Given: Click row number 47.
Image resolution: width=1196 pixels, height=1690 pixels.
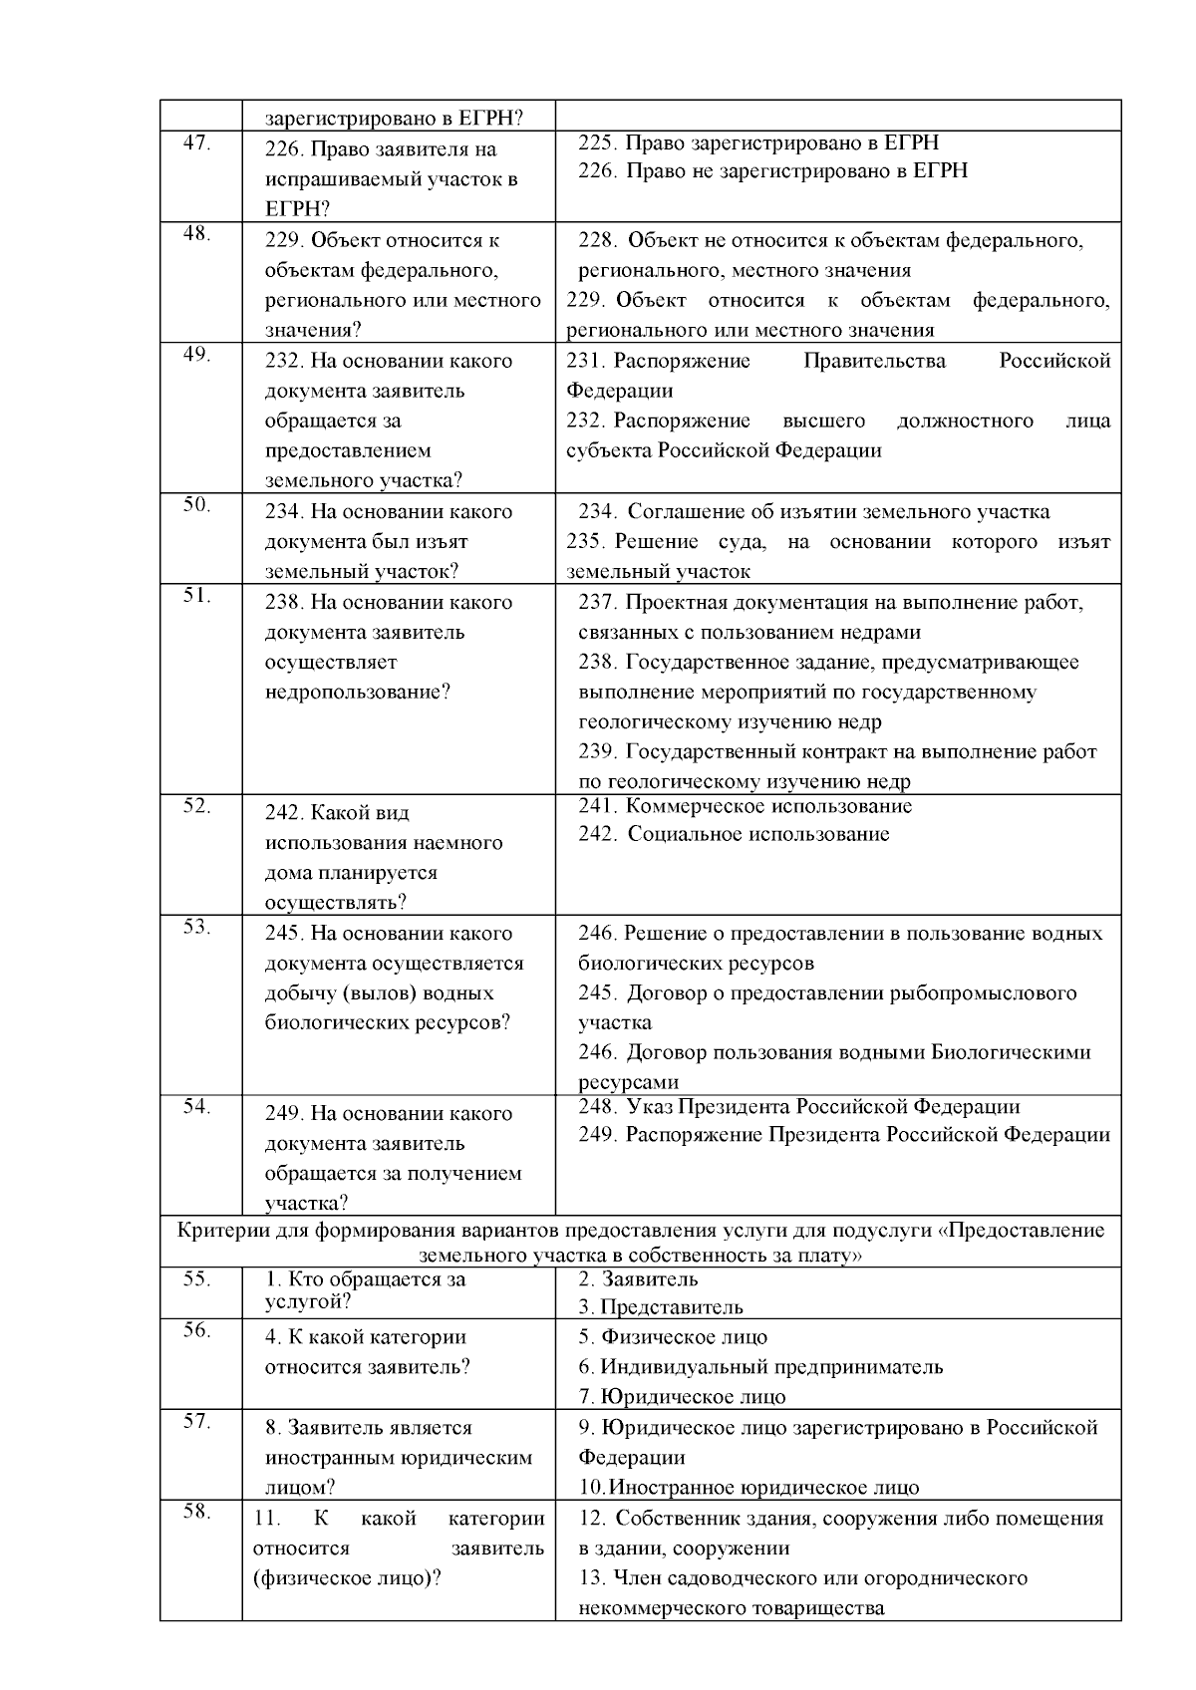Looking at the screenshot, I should (196, 142).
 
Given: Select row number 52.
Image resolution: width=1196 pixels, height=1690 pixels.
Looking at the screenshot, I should (196, 806).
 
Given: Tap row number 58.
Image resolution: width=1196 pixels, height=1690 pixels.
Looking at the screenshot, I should (196, 1512).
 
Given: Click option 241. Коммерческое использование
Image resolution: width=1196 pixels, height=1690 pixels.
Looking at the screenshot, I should (745, 806).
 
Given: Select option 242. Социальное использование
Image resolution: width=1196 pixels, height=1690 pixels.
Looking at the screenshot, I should (734, 834).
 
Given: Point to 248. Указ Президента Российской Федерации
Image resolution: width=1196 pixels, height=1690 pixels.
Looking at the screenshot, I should (798, 1107).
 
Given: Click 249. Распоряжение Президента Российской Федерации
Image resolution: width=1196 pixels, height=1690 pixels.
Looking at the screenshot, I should (843, 1135).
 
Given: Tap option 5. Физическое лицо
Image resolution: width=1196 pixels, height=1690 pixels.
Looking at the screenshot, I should (673, 1337).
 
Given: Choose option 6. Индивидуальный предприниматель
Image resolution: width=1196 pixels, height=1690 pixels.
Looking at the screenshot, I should (760, 1367).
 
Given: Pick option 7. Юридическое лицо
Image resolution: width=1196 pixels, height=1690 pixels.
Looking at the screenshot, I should (682, 1397).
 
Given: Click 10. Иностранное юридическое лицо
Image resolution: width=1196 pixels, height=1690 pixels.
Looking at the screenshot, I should (748, 1488).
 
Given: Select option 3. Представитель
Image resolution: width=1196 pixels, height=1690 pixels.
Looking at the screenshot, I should (661, 1307).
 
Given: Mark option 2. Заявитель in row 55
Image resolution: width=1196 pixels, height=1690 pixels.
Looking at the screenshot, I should (638, 1279).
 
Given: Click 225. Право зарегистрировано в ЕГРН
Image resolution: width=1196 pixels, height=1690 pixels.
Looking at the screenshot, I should (758, 142).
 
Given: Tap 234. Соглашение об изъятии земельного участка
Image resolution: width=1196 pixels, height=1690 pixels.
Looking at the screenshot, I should (813, 512).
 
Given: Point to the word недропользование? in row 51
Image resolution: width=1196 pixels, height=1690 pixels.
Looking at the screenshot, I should (358, 692).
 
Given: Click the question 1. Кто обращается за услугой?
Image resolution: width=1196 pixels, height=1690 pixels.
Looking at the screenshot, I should (365, 1290).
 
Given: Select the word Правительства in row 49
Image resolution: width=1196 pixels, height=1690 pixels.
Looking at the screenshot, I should (874, 361).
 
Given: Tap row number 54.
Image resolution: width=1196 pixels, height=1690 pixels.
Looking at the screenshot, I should (196, 1107).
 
